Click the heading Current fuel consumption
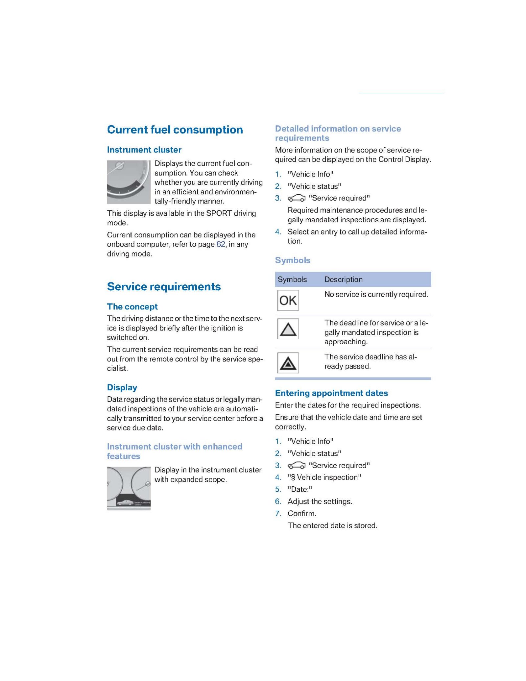click(x=175, y=130)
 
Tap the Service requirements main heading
click(x=164, y=286)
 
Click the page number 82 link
click(x=221, y=244)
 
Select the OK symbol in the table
click(x=288, y=300)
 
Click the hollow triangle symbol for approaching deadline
click(x=288, y=329)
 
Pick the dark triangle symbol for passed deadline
click(x=288, y=363)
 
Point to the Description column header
click(x=343, y=280)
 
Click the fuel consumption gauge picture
click(x=129, y=182)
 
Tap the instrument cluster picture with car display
click(x=129, y=488)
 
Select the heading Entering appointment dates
click(x=331, y=393)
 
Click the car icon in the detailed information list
click(x=296, y=198)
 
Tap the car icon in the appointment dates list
click(x=296, y=466)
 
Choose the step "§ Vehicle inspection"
click(x=324, y=477)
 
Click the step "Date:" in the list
click(x=299, y=489)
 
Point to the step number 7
click(x=278, y=514)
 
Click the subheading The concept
click(x=132, y=306)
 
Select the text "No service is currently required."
click(x=376, y=294)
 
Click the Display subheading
click(x=122, y=387)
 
